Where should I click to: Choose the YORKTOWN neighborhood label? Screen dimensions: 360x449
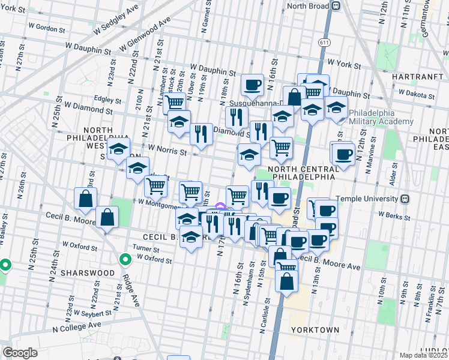click(315, 330)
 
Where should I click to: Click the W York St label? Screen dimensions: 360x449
click(343, 63)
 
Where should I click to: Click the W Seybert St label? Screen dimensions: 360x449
click(92, 313)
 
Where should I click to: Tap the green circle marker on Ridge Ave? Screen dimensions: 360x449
click(125, 260)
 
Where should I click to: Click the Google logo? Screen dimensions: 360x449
click(20, 353)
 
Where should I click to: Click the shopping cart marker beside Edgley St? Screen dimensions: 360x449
click(175, 103)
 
